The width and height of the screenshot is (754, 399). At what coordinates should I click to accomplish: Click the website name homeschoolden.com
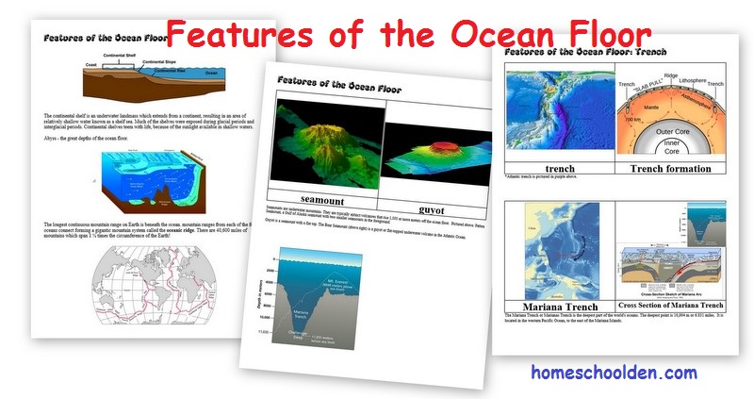coord(613,372)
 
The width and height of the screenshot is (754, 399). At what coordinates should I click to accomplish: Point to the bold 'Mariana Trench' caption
coord(554,306)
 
